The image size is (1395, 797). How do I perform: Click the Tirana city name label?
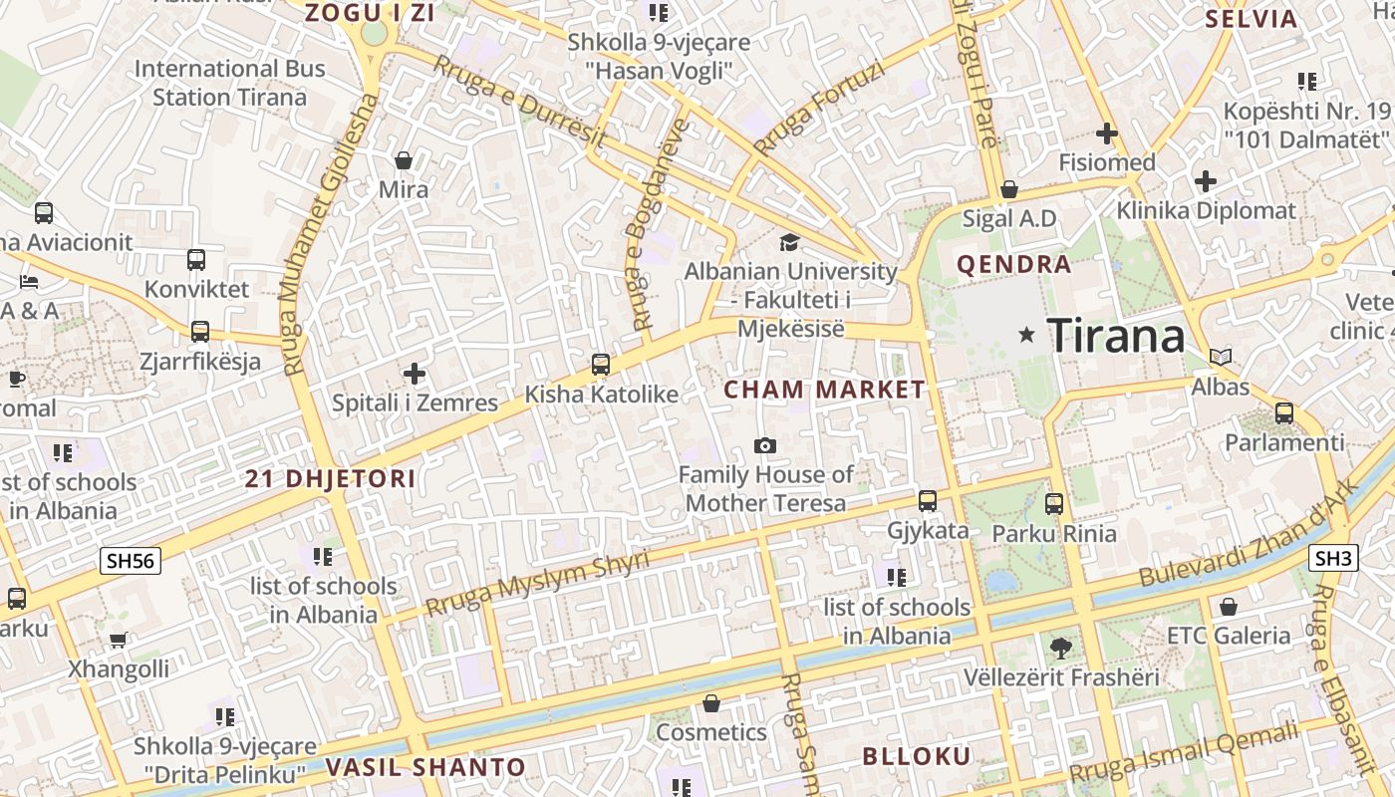(x=1116, y=336)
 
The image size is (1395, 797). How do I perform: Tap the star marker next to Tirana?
(x=1026, y=335)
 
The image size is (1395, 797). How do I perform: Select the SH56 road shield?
(x=131, y=561)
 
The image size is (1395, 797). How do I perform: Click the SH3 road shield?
(x=1334, y=558)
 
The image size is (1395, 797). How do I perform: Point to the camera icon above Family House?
(x=765, y=445)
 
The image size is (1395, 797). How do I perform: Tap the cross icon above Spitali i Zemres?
(x=415, y=374)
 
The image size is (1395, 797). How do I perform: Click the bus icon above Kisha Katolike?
(x=601, y=365)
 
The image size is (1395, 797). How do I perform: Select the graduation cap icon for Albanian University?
(x=789, y=242)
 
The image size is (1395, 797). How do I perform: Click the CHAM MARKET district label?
(x=824, y=390)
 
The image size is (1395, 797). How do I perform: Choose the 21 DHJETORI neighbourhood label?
(x=331, y=478)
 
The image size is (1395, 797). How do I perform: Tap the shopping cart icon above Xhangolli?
(x=119, y=640)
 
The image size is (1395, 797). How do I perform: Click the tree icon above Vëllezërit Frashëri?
(x=1061, y=649)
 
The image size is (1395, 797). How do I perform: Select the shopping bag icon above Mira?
(x=404, y=160)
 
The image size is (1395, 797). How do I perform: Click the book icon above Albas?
(x=1221, y=357)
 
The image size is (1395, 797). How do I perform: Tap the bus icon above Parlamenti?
(x=1284, y=413)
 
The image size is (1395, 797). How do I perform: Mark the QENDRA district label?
(x=1014, y=264)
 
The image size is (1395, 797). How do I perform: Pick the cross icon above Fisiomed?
(x=1107, y=133)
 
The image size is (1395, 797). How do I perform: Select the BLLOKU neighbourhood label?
(x=916, y=756)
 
